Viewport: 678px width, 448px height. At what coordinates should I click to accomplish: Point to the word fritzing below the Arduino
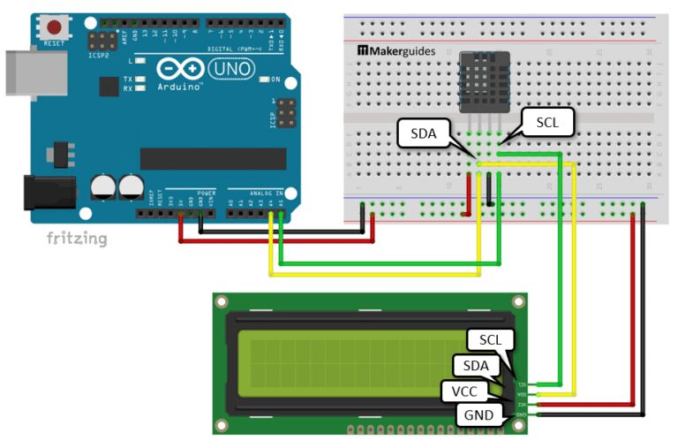(77, 239)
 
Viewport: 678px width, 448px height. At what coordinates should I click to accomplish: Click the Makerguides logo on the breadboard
(396, 51)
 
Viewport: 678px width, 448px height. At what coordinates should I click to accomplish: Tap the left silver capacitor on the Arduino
(103, 185)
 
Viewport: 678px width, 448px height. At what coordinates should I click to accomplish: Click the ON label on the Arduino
(275, 80)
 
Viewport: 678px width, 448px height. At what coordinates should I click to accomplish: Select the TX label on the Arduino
(128, 78)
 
